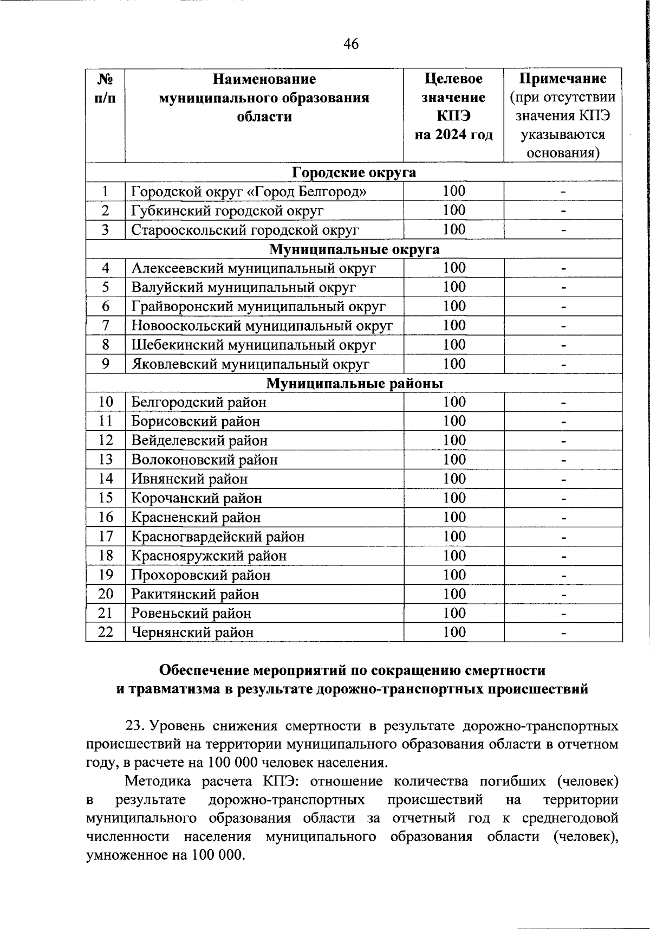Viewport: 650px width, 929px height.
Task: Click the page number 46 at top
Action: (x=351, y=44)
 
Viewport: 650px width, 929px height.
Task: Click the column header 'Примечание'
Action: (x=563, y=79)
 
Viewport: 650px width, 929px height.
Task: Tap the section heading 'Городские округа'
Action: (x=354, y=172)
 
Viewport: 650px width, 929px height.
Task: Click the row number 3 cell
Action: (x=105, y=230)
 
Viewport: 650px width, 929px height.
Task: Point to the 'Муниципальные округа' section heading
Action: (x=354, y=249)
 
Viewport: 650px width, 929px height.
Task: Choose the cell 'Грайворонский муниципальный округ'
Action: (x=258, y=307)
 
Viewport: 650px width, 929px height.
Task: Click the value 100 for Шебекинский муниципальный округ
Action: (x=454, y=345)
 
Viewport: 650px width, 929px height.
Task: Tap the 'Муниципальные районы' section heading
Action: (x=354, y=384)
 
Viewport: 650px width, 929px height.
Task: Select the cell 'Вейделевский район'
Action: (x=199, y=441)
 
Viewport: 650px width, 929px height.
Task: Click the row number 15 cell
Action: (x=105, y=498)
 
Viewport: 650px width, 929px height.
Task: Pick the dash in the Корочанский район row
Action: (x=563, y=498)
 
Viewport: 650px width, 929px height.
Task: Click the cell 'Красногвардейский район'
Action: (x=218, y=537)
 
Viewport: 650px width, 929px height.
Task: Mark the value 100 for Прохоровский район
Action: (x=454, y=575)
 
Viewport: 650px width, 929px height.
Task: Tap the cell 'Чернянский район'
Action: (x=192, y=633)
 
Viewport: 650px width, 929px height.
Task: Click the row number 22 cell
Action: (x=105, y=633)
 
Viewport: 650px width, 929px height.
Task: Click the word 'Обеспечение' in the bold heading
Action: (x=205, y=670)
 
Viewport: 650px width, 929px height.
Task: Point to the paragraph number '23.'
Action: (x=134, y=726)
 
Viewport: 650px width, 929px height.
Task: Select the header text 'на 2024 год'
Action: (x=454, y=134)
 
